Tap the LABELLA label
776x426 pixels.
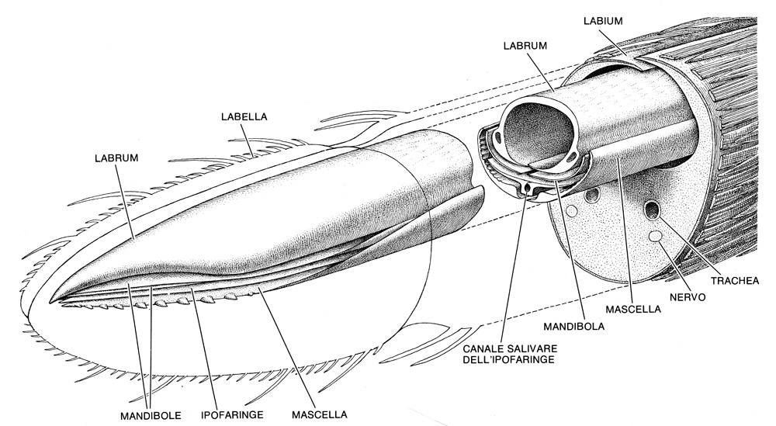pyautogui.click(x=244, y=116)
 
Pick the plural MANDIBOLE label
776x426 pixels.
pyautogui.click(x=151, y=415)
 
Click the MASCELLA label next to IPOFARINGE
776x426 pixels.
pyautogui.click(x=320, y=414)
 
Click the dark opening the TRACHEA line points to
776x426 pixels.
pyautogui.click(x=652, y=210)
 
